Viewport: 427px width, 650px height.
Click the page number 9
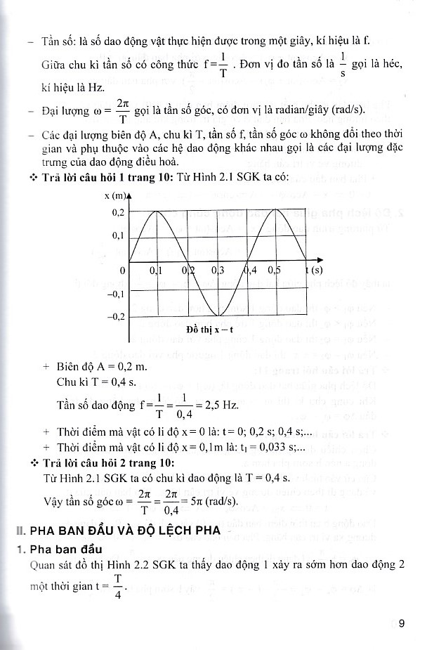[x=402, y=623]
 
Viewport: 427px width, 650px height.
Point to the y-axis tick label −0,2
[x=115, y=317]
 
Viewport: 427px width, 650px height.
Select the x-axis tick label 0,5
[x=275, y=270]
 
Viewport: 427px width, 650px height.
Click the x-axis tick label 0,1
[x=156, y=270]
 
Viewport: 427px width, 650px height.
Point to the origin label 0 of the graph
[x=121, y=270]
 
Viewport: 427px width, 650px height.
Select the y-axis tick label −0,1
[x=115, y=294]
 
